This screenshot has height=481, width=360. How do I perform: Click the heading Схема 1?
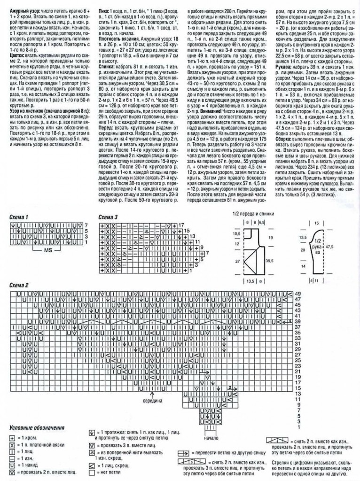pos(20,217)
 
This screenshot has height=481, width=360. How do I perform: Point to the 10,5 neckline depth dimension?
pos(237,233)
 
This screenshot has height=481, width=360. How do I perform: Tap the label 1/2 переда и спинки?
pos(252,214)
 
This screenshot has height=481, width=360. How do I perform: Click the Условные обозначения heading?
pos(36,428)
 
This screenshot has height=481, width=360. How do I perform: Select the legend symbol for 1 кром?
pos(12,437)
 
